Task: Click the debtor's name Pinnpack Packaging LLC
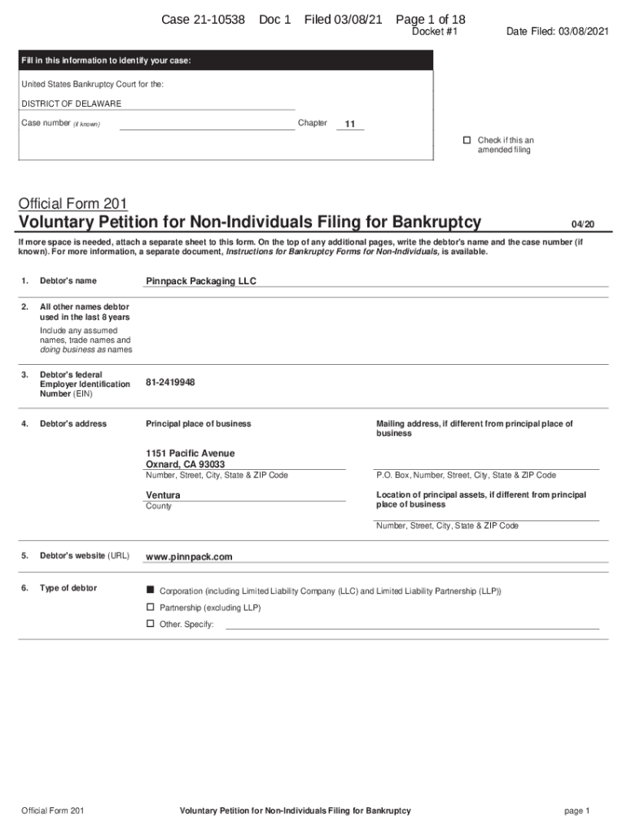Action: point(200,281)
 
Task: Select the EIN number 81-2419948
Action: point(170,382)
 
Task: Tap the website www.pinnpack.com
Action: point(189,557)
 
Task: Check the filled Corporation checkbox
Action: point(150,589)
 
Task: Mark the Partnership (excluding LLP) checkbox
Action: point(150,607)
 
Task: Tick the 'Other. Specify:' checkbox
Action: point(150,624)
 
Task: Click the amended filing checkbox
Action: point(467,140)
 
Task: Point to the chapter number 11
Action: point(349,125)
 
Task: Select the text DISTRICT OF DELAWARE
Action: point(72,104)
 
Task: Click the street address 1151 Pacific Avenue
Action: point(190,453)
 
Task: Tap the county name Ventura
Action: point(163,495)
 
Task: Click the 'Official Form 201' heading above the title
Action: point(72,203)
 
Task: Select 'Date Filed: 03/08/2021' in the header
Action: point(556,32)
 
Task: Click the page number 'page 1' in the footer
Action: point(576,810)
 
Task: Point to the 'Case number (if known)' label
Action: point(60,124)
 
